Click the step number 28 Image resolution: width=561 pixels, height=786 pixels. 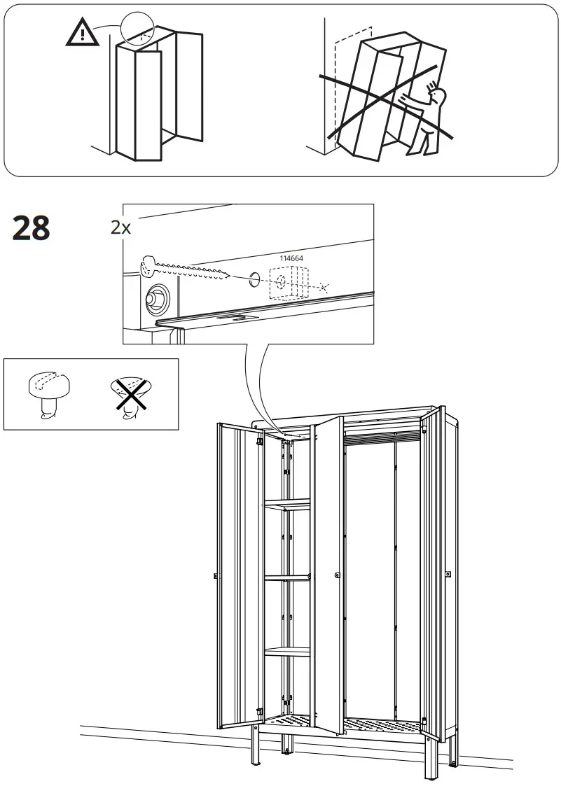tap(32, 228)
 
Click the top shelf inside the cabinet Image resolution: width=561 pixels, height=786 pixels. tap(287, 503)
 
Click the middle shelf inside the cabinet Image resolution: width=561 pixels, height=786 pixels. tap(287, 577)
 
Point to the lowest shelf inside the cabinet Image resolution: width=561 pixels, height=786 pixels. tap(287, 651)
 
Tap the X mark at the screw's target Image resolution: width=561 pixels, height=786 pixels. tap(322, 287)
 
